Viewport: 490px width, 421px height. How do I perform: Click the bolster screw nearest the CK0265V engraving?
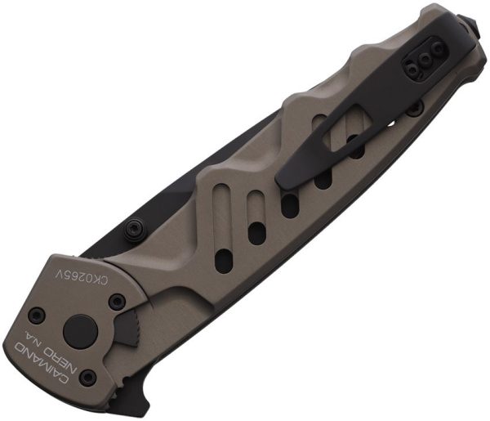(118, 302)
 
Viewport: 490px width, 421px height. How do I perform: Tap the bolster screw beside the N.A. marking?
(36, 315)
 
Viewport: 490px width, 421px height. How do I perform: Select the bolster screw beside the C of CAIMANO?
(87, 378)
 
